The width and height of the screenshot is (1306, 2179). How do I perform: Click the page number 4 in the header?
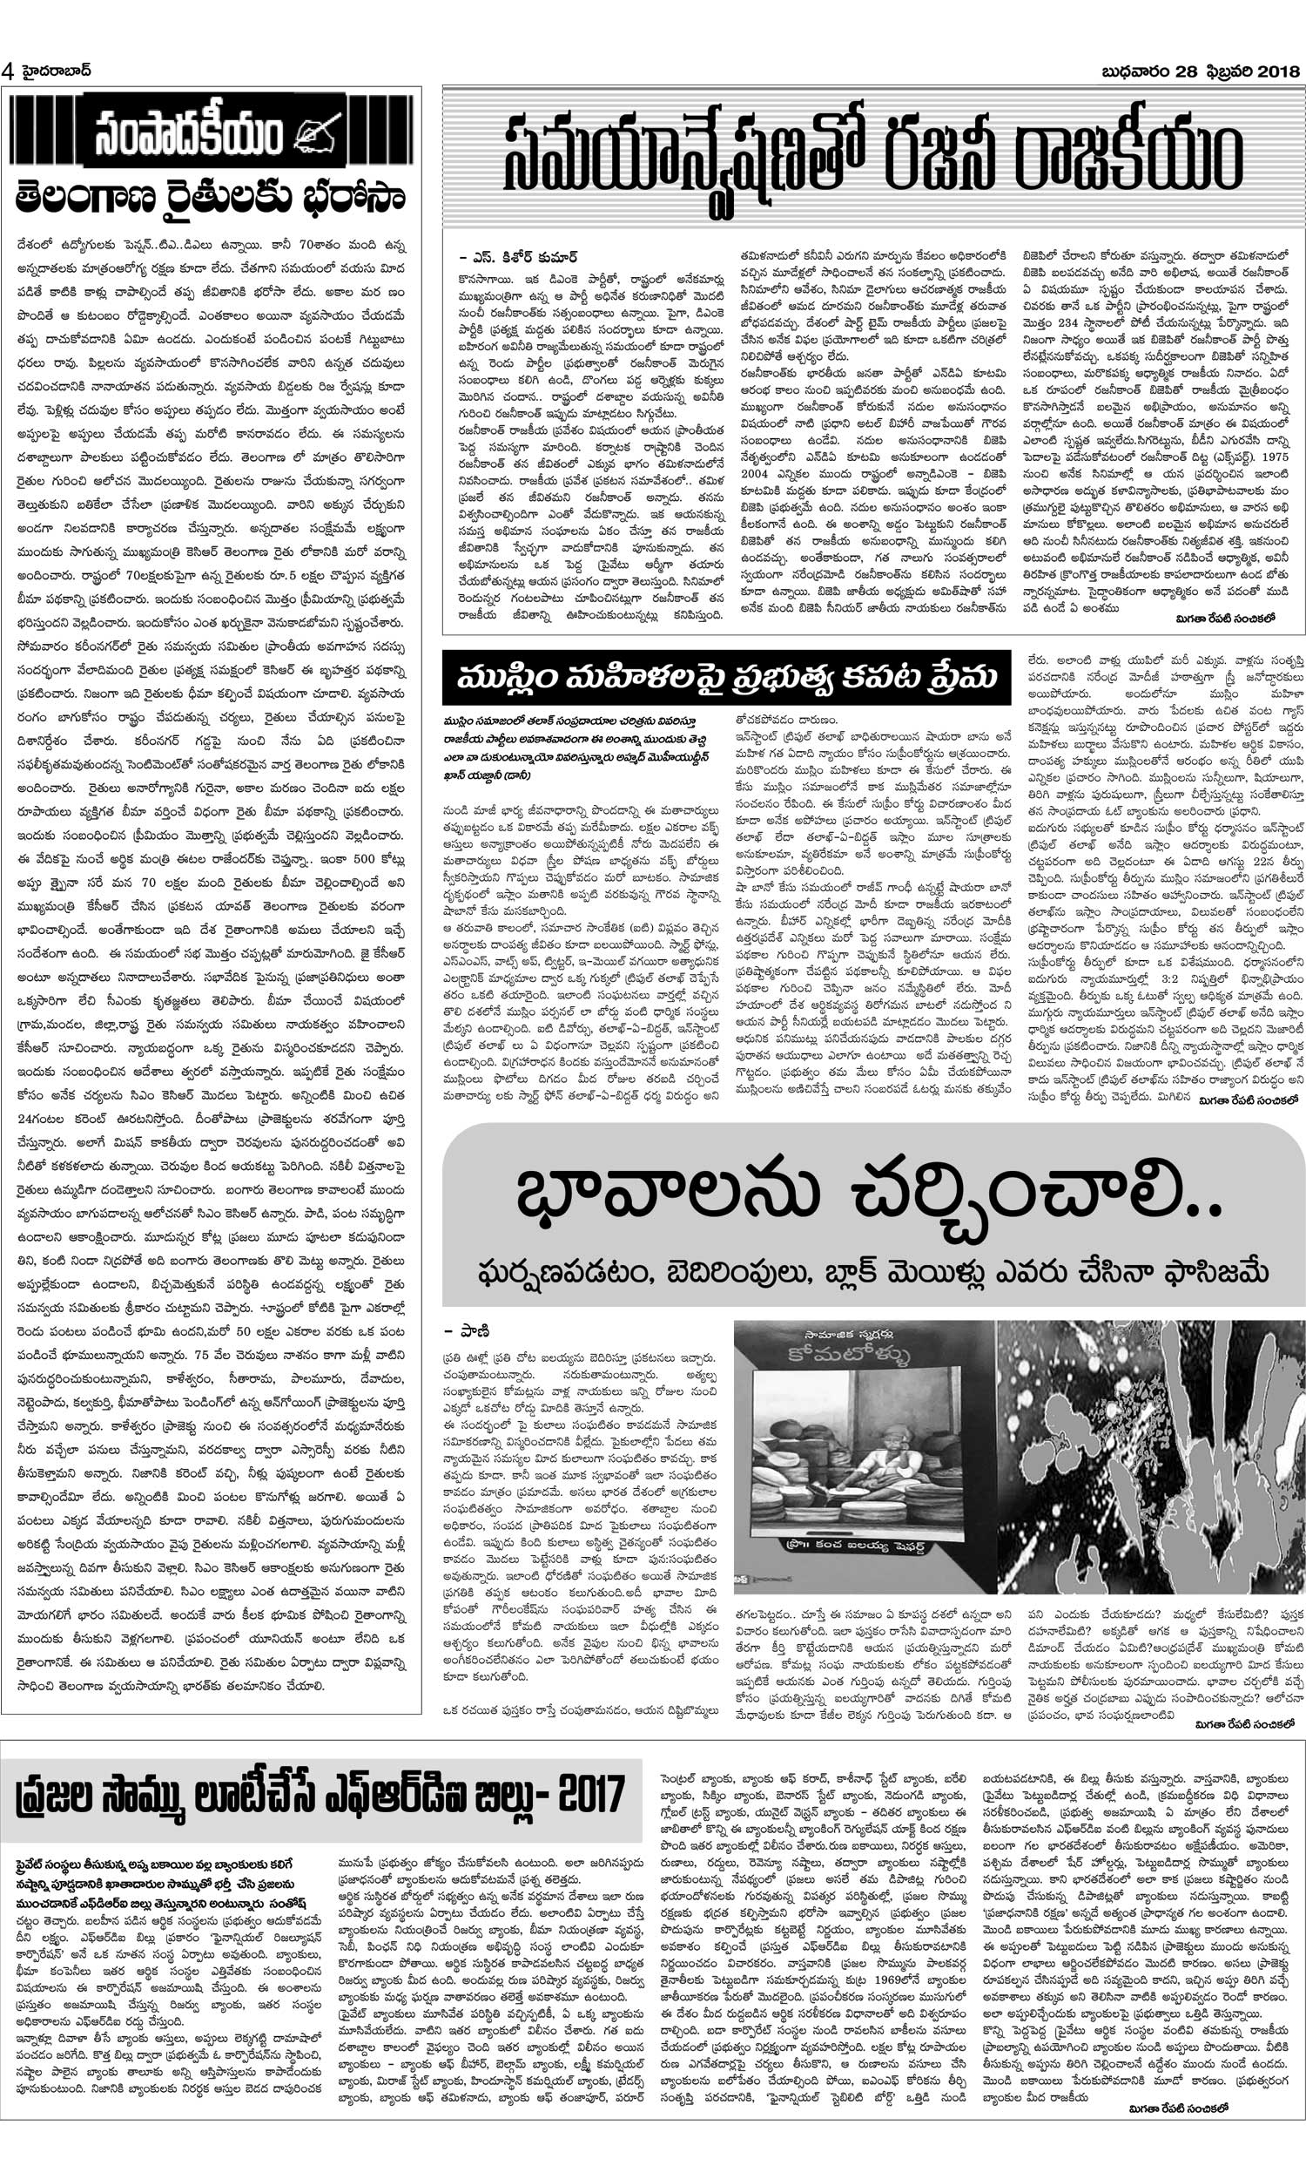[x=8, y=71]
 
